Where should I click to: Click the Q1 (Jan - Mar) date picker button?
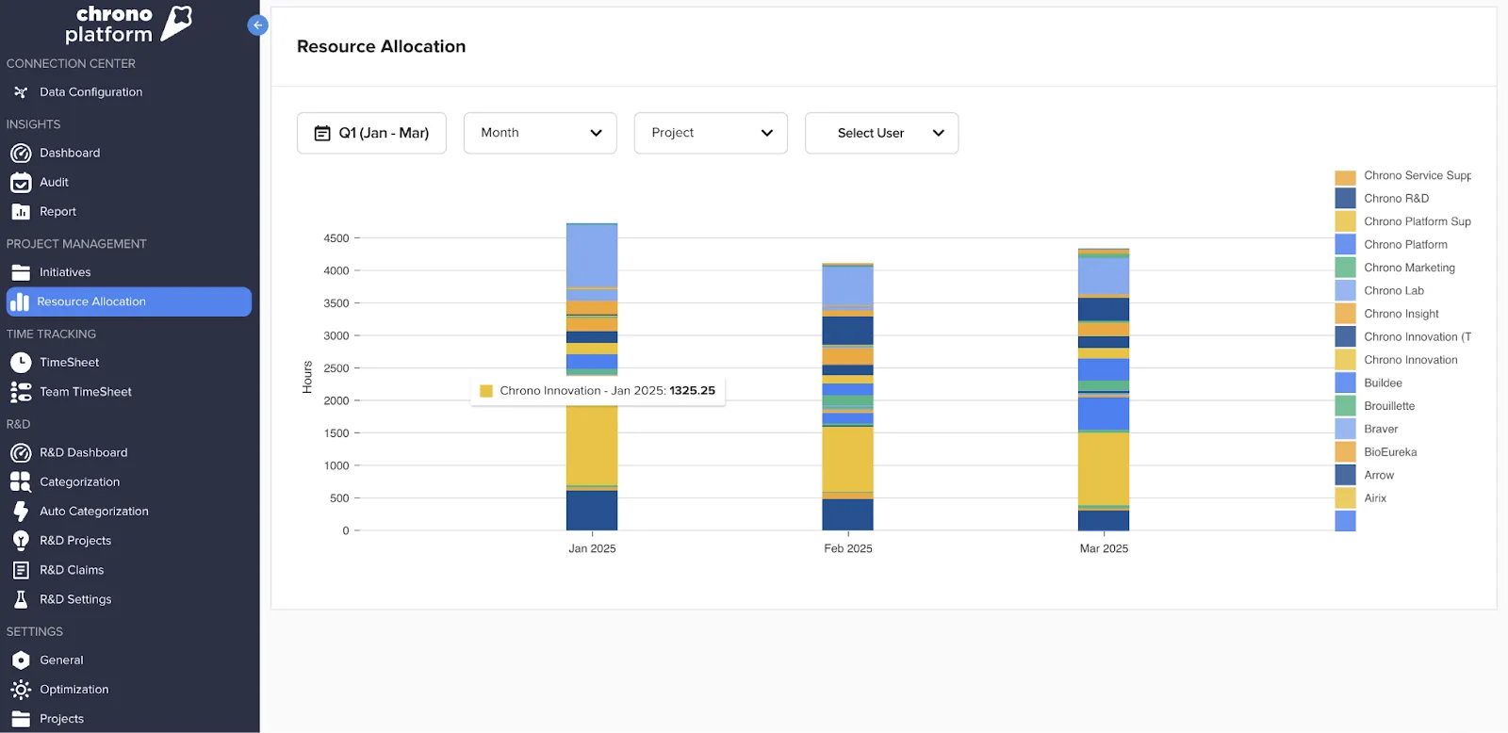(x=371, y=133)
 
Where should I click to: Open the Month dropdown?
(x=539, y=133)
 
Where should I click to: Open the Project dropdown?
(x=710, y=133)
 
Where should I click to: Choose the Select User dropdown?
(x=880, y=133)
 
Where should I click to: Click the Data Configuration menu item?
(x=90, y=92)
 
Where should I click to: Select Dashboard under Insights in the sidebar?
(x=69, y=153)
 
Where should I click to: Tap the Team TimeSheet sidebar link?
(x=85, y=392)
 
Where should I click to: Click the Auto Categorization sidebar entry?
(x=93, y=512)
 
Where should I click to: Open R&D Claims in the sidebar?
(x=72, y=570)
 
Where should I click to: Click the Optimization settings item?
(x=74, y=690)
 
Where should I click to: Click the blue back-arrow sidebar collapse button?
(x=257, y=25)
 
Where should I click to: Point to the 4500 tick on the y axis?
(x=336, y=238)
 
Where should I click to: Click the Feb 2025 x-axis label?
(x=847, y=548)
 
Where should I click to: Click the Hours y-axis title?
(x=307, y=377)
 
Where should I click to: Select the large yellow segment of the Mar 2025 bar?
(x=1103, y=468)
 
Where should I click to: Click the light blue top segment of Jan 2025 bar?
(x=591, y=254)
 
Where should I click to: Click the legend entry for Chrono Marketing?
(x=1408, y=268)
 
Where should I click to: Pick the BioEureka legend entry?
(x=1389, y=452)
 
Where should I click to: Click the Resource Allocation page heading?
(x=381, y=46)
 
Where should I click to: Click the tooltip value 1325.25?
(x=692, y=391)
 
